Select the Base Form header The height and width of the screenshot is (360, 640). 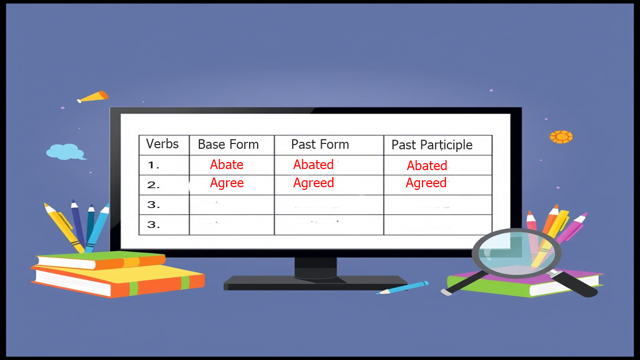[228, 145]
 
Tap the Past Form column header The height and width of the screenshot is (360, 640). [320, 145]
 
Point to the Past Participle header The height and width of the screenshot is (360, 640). [432, 145]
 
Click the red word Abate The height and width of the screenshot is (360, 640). [227, 164]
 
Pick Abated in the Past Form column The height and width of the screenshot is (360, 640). [314, 164]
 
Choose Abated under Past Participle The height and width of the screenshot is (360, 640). [427, 165]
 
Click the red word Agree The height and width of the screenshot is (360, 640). [227, 183]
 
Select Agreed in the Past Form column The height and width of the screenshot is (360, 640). [314, 183]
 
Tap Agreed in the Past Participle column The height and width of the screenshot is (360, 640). [426, 183]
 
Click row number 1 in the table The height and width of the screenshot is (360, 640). [154, 165]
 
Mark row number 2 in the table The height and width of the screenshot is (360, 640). [154, 185]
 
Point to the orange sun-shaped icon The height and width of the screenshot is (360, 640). [561, 137]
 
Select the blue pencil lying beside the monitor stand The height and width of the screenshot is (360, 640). [402, 288]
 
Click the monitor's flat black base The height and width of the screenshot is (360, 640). [315, 282]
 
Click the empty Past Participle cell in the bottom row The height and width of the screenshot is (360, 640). [437, 225]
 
